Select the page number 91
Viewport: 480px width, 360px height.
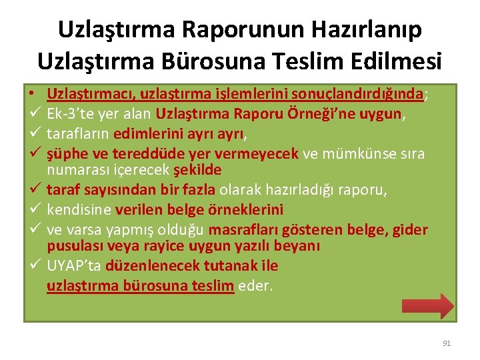click(x=447, y=343)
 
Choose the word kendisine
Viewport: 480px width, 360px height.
click(x=79, y=209)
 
